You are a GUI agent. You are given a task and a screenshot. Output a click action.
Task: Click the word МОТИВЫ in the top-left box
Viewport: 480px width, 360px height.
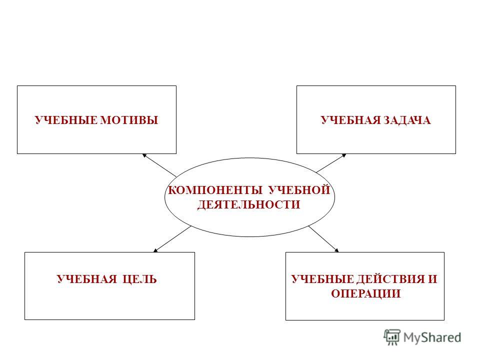129,120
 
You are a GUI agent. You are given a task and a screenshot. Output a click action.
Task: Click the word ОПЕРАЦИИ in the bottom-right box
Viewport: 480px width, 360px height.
365,293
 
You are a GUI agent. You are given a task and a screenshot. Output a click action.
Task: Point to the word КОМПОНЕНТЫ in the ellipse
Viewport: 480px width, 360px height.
215,190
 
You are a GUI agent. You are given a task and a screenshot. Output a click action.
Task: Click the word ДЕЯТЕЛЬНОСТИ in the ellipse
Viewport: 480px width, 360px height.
248,204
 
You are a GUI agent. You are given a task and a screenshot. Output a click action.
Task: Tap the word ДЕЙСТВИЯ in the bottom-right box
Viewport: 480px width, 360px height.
390,279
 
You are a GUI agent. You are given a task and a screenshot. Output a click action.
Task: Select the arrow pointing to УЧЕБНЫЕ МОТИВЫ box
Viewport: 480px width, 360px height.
159,165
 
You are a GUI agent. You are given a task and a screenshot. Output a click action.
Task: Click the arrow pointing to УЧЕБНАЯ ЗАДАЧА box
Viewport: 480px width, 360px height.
331,163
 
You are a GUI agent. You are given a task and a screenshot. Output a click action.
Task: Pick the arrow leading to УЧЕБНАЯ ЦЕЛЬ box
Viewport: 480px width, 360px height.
172,239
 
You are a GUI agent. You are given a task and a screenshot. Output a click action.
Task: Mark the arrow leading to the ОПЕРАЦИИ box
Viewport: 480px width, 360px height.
323,239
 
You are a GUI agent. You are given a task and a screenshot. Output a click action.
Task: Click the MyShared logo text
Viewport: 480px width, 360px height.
432,337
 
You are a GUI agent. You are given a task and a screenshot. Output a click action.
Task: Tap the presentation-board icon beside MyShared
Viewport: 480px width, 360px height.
392,337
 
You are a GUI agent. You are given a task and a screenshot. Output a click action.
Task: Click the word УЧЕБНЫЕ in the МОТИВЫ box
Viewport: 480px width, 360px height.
66,120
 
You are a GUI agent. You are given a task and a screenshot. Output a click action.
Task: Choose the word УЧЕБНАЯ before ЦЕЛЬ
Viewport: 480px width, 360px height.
87,279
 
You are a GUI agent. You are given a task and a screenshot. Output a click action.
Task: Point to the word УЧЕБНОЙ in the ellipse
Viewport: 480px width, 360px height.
299,190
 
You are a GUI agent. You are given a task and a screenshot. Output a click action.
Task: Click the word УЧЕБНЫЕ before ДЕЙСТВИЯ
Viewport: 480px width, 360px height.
322,279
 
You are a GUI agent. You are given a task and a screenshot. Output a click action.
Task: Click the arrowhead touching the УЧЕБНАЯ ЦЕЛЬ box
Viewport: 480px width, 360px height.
155,250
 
